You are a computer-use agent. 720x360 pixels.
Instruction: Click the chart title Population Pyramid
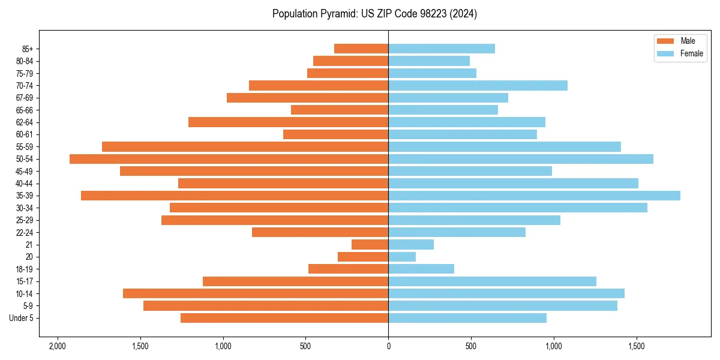(x=374, y=14)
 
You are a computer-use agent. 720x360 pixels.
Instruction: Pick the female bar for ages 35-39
(x=534, y=196)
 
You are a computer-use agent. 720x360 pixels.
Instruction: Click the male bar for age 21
(x=370, y=245)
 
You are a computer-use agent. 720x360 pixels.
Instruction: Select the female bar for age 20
(x=402, y=257)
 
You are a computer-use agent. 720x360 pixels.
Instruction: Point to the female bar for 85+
(x=442, y=49)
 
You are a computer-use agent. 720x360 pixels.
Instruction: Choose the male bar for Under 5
(x=284, y=318)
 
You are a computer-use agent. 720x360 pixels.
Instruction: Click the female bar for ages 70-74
(x=478, y=85)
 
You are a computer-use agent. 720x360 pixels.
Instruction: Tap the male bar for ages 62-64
(x=288, y=122)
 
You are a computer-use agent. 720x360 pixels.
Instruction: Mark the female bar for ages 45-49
(x=470, y=171)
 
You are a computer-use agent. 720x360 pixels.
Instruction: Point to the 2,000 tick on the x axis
(x=58, y=346)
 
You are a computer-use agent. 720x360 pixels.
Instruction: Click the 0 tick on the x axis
(x=388, y=346)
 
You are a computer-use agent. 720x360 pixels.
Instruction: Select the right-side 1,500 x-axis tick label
(x=637, y=346)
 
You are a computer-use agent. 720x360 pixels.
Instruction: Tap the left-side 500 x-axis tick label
(x=305, y=346)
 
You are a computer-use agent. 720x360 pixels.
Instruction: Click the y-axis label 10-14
(x=24, y=293)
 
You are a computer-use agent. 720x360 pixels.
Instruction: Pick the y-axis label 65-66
(x=24, y=110)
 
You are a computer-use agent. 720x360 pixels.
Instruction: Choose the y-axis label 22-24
(x=24, y=232)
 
